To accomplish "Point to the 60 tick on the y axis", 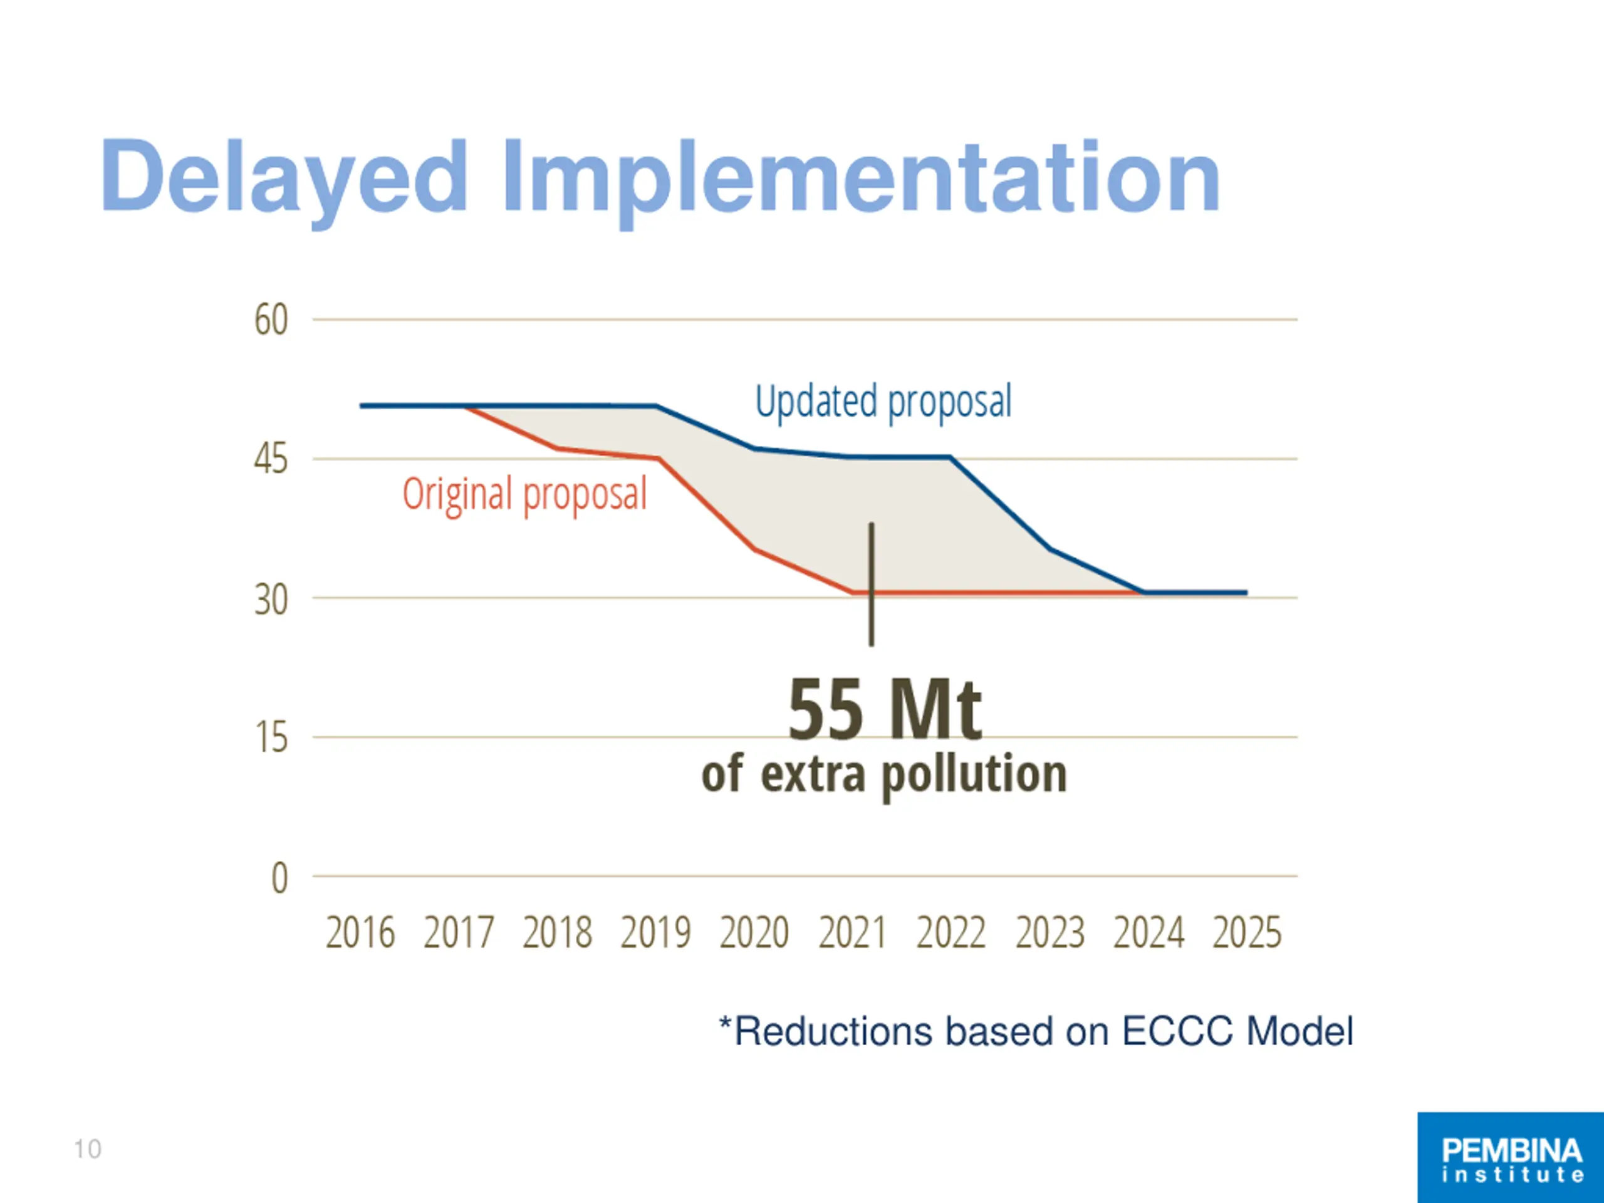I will pyautogui.click(x=271, y=320).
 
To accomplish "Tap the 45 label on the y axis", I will pyautogui.click(x=271, y=460).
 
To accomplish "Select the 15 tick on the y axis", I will pyautogui.click(x=271, y=738).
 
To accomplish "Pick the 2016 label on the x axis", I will pyautogui.click(x=360, y=932).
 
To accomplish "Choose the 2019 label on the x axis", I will pyautogui.click(x=655, y=932).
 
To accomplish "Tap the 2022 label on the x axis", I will pyautogui.click(x=951, y=932).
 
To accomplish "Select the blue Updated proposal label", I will pyautogui.click(x=883, y=402).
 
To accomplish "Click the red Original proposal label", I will pyautogui.click(x=524, y=494).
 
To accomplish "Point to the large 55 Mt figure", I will pyautogui.click(x=885, y=709).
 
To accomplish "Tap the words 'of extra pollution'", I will pyautogui.click(x=884, y=774).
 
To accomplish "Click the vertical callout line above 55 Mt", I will pyautogui.click(x=872, y=584).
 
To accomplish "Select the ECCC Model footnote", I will pyautogui.click(x=1036, y=1031).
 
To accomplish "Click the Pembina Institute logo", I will pyautogui.click(x=1511, y=1157).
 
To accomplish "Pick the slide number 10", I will pyautogui.click(x=88, y=1149).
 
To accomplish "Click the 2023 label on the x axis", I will pyautogui.click(x=1050, y=932).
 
